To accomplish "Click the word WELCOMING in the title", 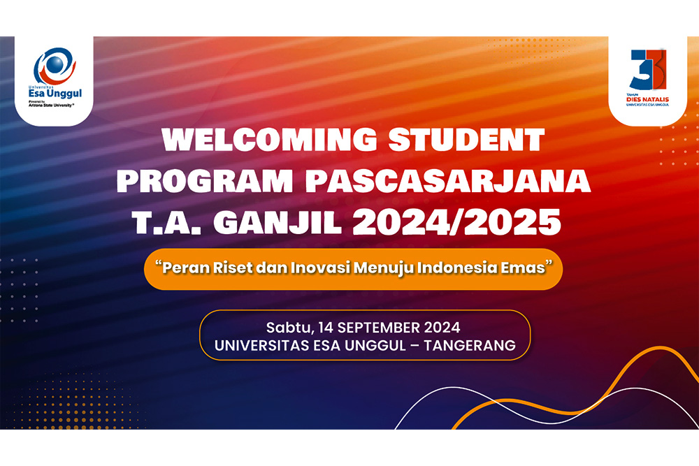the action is [x=270, y=140].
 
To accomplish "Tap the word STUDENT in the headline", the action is [x=466, y=140].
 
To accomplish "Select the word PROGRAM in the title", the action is [x=205, y=181].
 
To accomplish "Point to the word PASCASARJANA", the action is [x=448, y=181].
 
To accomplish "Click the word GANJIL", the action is [x=278, y=222].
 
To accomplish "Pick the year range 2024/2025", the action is [x=457, y=222].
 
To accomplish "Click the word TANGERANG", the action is [x=470, y=345].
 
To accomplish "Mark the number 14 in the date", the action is [x=326, y=328].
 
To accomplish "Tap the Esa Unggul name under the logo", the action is [x=55, y=93].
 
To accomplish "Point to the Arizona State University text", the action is [x=51, y=105].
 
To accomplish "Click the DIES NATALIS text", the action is [x=647, y=100].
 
